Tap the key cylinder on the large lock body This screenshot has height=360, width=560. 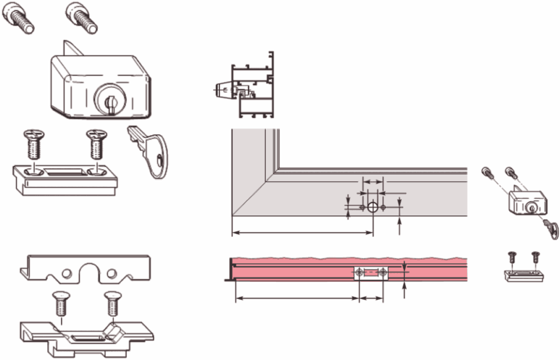click(108, 96)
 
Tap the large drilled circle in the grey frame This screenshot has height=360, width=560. click(372, 207)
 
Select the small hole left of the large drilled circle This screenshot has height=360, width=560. click(362, 207)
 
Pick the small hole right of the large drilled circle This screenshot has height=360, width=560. click(383, 207)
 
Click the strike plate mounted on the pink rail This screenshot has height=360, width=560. click(371, 274)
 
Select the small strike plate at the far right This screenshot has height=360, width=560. click(523, 275)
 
